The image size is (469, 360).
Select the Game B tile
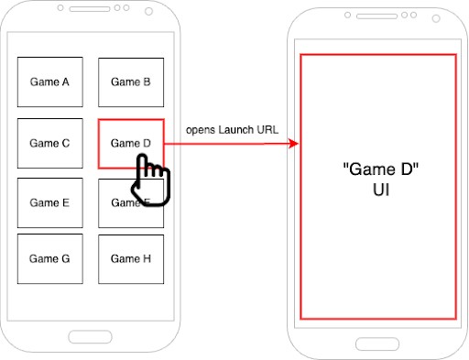tap(131, 82)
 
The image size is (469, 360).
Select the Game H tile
tap(131, 258)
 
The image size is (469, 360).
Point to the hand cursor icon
tap(149, 179)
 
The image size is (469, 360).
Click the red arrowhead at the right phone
tap(294, 144)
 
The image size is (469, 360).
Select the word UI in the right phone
tap(377, 193)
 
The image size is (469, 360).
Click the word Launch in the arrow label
tap(236, 129)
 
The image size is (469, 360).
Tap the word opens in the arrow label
tap(201, 129)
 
